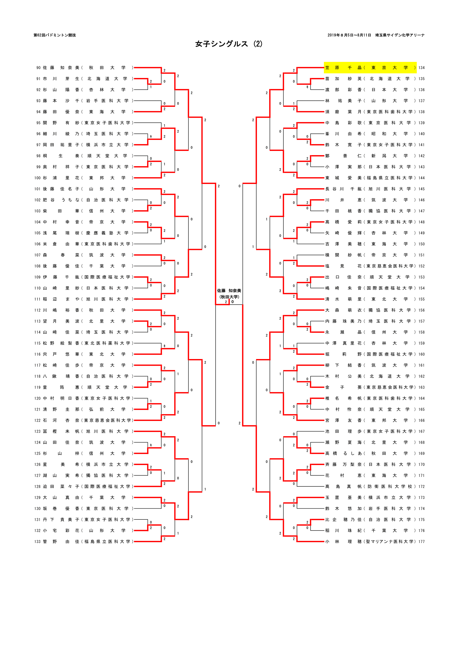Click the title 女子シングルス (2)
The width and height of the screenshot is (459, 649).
[229, 44]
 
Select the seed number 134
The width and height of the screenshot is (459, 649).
[422, 67]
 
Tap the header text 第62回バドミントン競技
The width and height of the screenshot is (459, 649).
[55, 35]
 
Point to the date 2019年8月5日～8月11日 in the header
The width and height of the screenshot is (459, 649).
[349, 35]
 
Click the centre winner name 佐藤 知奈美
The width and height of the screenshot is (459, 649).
[229, 291]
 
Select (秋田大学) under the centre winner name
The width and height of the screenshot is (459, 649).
[229, 297]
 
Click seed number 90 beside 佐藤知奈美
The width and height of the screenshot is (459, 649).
[39, 67]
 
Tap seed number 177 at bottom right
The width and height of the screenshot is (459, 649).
[422, 542]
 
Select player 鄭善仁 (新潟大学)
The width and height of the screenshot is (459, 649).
[370, 156]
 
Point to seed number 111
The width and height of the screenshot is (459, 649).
[37, 299]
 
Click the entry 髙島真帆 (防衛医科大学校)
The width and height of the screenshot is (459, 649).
[370, 486]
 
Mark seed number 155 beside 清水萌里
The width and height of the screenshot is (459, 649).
[422, 299]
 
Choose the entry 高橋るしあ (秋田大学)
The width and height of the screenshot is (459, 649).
[370, 453]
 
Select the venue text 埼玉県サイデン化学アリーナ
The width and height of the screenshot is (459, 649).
[400, 35]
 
